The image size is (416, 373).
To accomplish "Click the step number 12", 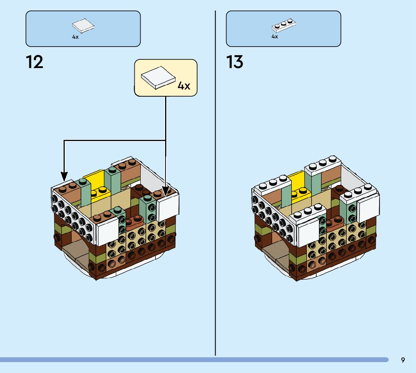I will [x=35, y=62].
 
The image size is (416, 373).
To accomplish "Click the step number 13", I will [x=235, y=62].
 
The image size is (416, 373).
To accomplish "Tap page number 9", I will [x=403, y=360].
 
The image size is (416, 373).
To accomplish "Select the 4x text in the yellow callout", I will [x=184, y=86].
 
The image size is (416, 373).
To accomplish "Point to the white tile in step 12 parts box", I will [x=83, y=26].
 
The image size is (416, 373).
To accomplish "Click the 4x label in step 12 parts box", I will [x=75, y=37].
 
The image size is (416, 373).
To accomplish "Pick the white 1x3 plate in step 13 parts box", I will [x=284, y=25].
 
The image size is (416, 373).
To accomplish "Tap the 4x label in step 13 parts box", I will [x=275, y=37].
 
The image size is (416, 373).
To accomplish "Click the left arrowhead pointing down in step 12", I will [x=64, y=176].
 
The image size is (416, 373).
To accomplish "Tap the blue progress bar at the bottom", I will [x=188, y=360].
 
